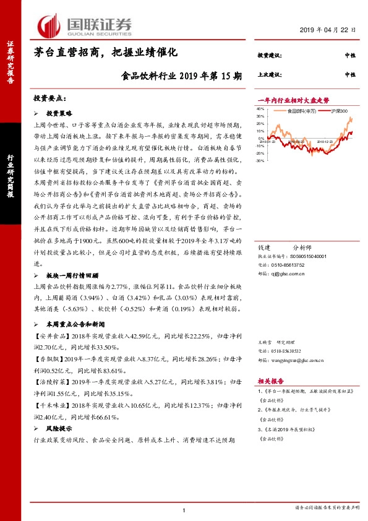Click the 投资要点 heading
click(x=49, y=98)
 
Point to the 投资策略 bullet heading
click(x=59, y=114)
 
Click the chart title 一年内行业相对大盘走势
click(x=293, y=100)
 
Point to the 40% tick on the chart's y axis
click(x=260, y=109)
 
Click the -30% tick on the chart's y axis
click(x=260, y=161)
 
